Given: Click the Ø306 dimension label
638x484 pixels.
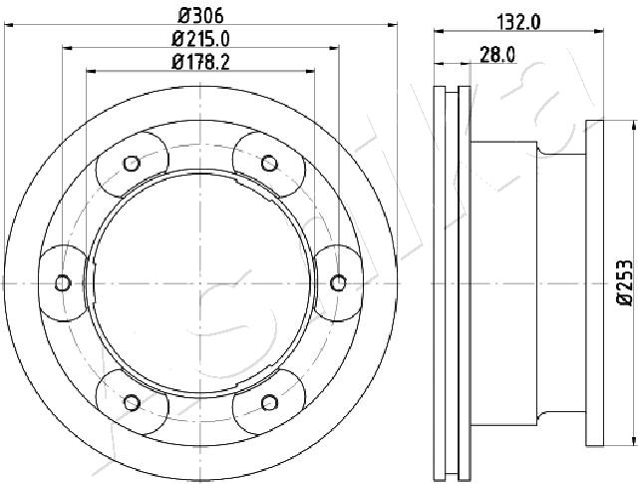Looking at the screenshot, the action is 201,16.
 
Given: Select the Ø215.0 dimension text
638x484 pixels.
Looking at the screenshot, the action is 201,39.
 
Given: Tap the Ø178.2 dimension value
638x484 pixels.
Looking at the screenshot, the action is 201,62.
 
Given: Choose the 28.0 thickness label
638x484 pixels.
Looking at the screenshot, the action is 497,55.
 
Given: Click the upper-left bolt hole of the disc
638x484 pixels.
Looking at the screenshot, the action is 132,164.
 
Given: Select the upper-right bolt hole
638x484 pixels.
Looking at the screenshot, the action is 269,164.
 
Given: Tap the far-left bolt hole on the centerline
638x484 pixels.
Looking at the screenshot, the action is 63,282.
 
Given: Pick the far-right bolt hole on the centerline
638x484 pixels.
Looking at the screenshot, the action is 338,282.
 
